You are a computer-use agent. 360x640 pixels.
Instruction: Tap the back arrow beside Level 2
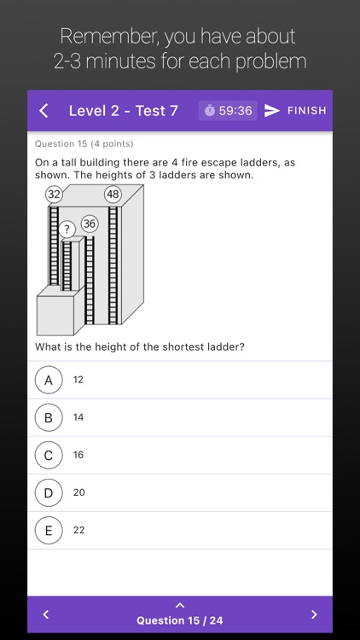click(44, 110)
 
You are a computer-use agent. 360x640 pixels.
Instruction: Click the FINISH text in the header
click(306, 110)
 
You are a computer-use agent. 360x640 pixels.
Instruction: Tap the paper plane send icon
click(272, 110)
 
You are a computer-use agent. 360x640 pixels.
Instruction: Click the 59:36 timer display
click(228, 110)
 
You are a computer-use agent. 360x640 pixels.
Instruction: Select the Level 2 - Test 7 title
click(123, 110)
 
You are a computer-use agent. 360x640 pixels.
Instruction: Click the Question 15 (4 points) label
click(84, 143)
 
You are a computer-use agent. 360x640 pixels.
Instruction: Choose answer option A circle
click(49, 380)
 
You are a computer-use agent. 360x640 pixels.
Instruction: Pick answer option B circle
click(49, 417)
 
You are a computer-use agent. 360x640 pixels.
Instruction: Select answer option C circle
click(49, 455)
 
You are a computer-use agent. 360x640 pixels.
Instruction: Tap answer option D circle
click(49, 492)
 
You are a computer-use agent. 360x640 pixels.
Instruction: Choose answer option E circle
click(49, 530)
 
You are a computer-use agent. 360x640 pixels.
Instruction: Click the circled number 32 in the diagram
click(55, 194)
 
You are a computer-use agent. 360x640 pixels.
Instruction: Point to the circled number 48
click(113, 194)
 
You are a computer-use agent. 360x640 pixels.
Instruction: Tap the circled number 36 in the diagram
click(90, 224)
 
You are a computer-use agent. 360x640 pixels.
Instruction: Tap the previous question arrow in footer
click(46, 614)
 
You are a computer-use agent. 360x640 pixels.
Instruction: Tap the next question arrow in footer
click(314, 614)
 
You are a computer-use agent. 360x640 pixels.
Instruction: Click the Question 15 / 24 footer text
click(180, 620)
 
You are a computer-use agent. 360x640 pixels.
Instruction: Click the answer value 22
click(78, 530)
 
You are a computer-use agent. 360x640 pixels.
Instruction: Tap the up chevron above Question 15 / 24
click(180, 605)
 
